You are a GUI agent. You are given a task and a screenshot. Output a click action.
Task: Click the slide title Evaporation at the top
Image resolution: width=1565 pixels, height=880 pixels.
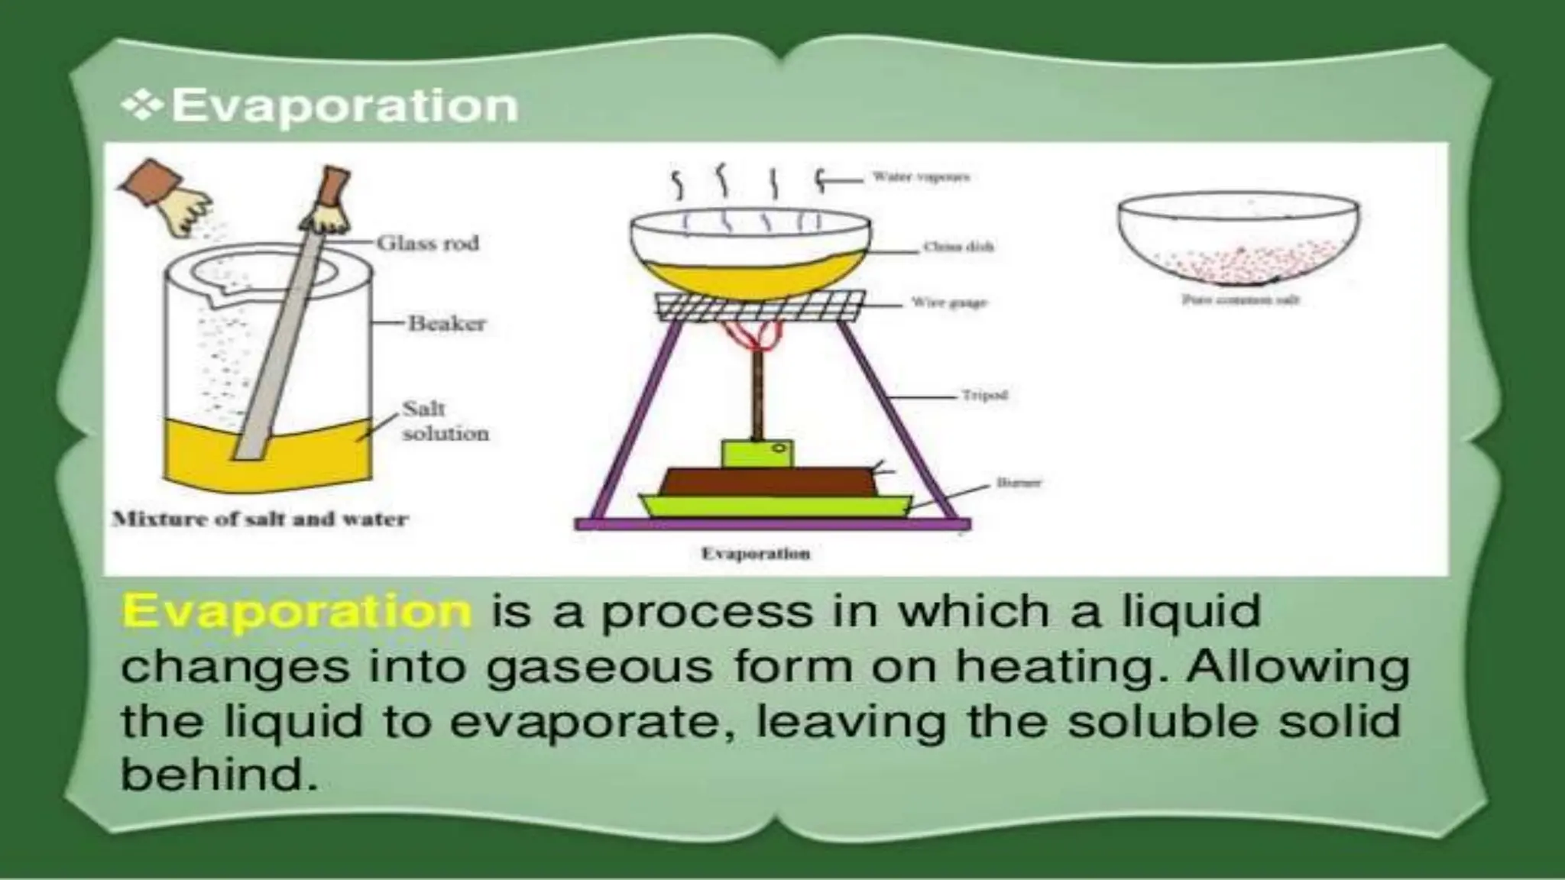tap(345, 105)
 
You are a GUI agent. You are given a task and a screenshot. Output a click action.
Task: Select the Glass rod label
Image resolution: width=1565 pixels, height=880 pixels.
tap(428, 244)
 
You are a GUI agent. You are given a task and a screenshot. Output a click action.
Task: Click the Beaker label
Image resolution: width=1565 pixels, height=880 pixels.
tap(447, 324)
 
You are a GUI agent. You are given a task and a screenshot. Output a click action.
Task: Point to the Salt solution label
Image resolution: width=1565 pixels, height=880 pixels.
tap(445, 421)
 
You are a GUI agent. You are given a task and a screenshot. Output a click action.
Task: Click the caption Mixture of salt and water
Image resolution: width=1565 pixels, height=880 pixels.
tap(260, 519)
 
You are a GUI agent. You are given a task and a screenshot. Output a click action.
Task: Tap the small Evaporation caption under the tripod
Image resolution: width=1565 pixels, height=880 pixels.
tap(755, 554)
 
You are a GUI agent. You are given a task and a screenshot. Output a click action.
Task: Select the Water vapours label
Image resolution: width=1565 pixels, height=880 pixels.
tap(921, 177)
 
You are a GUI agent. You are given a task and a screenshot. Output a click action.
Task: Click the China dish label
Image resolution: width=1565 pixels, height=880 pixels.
tap(958, 247)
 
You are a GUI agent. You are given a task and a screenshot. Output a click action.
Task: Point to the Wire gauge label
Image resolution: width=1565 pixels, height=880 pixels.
tap(949, 303)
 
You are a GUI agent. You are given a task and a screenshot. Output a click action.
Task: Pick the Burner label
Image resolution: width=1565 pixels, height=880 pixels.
tap(1019, 483)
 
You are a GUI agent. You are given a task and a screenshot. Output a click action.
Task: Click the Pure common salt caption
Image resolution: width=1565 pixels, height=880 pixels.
tap(1239, 300)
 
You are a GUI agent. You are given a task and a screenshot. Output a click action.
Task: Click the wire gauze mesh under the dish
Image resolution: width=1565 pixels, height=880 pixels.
tap(761, 306)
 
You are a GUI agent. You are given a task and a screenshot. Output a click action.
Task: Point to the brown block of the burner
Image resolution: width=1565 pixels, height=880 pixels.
tap(768, 480)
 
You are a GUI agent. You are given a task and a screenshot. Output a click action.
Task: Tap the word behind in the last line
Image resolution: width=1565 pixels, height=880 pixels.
tap(218, 775)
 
